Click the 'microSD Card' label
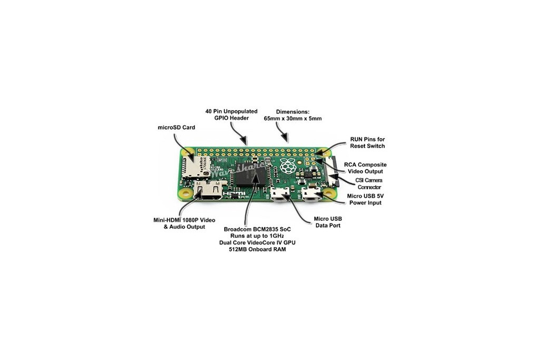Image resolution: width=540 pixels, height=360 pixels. coord(176,128)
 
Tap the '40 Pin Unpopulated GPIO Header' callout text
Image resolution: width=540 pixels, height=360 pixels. coord(232,114)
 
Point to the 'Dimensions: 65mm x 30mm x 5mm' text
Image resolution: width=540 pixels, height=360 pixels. coord(293,115)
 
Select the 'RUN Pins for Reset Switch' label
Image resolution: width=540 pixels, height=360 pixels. coord(368,142)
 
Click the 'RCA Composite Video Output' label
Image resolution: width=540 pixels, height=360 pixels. coord(365,168)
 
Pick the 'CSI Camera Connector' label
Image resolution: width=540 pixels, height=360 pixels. coord(369,184)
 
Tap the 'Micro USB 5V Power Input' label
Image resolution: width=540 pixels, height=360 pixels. coord(365,199)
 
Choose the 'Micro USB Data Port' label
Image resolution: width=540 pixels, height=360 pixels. coord(328,222)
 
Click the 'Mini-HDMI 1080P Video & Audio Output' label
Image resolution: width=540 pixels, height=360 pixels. coord(184,223)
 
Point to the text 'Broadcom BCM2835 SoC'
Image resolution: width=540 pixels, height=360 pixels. coord(257,229)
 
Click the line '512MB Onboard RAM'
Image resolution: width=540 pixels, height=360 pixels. coord(257,249)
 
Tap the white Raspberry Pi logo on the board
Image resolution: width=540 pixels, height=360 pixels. coord(287,166)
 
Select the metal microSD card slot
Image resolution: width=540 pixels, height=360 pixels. coord(195,167)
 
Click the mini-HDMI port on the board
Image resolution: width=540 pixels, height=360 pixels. coord(209,190)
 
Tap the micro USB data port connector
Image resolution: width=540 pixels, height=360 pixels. coord(280,194)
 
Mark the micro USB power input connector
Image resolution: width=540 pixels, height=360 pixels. coord(312,194)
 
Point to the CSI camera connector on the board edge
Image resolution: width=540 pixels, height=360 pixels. coord(331,171)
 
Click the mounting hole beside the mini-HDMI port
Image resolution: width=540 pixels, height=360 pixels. coord(186,193)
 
